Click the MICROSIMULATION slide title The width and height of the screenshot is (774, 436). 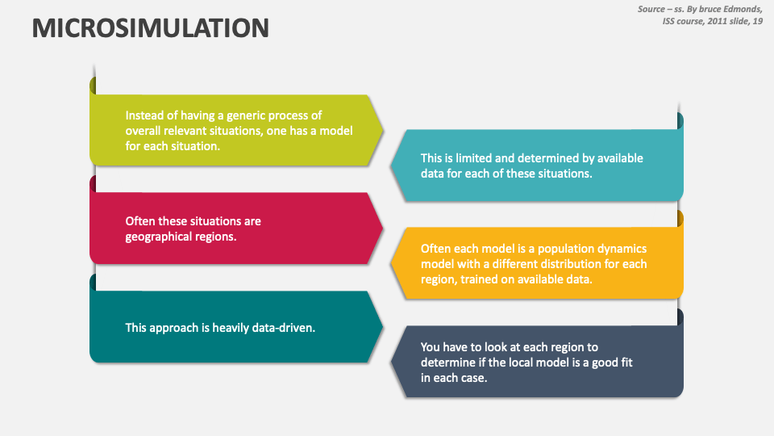tap(151, 28)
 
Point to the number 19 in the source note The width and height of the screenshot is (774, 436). tap(757, 21)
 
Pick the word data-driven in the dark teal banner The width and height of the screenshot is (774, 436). tap(281, 328)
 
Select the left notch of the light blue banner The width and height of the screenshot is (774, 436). tap(393, 166)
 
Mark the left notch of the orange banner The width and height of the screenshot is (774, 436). tap(393, 263)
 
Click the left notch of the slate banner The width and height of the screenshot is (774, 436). tap(393, 362)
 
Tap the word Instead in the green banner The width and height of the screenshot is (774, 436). tap(144, 115)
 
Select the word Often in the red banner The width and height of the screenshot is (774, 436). tap(140, 221)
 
